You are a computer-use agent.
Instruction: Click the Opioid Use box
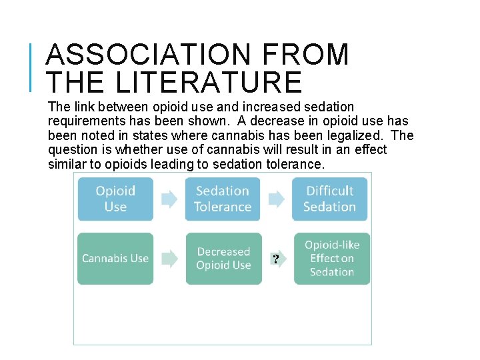[115, 199]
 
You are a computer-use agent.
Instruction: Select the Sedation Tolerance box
[223, 199]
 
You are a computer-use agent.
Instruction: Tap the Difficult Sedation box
[329, 199]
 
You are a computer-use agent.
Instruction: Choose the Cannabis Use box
[115, 259]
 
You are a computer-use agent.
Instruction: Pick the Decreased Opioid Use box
[223, 259]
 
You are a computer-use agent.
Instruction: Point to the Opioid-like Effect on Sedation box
[331, 259]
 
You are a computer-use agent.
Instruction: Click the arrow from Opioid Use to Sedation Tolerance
[169, 199]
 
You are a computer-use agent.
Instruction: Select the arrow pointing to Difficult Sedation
[276, 199]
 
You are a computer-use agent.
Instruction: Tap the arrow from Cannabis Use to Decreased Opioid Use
[170, 259]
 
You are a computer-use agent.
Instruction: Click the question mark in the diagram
[275, 259]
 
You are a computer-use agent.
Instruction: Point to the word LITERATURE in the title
[209, 81]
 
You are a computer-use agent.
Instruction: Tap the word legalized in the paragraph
[357, 136]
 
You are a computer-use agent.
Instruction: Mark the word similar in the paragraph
[69, 165]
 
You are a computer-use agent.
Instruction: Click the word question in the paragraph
[73, 150]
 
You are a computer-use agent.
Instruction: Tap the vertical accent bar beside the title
[32, 67]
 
